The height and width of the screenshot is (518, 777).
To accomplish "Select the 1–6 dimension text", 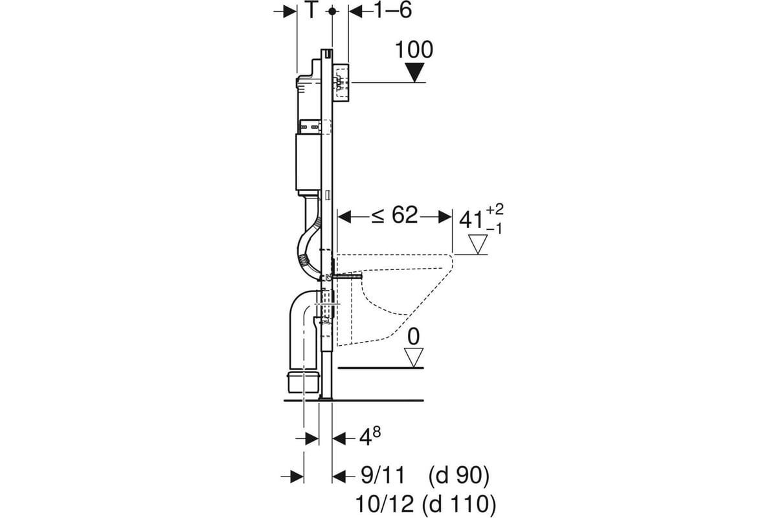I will click(393, 11).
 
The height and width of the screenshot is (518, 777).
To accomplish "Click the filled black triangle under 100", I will click(414, 73).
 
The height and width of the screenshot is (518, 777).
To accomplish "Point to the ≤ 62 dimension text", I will click(394, 216).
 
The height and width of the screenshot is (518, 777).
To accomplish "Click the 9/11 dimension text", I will click(382, 477).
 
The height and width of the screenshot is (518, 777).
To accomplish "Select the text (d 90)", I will click(458, 477).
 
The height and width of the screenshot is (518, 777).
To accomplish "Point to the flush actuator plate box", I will click(341, 82).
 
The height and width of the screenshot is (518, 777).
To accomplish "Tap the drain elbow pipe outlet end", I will click(302, 381).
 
